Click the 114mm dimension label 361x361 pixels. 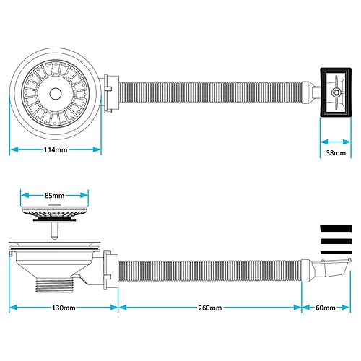tap(56, 149)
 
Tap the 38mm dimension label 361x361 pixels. tap(336, 153)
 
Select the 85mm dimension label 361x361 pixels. tap(55, 196)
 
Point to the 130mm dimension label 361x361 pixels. tap(64, 308)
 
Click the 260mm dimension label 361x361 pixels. tap(210, 308)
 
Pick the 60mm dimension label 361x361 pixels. tap(326, 308)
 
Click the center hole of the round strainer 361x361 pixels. tap(56, 94)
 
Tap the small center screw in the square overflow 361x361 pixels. tap(335, 92)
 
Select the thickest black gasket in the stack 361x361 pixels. tap(336, 229)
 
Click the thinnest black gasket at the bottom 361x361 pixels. tap(336, 253)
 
